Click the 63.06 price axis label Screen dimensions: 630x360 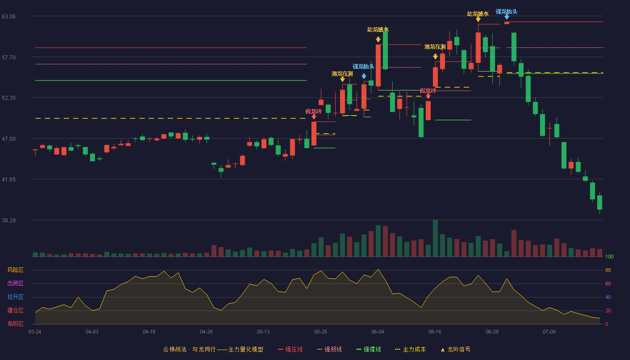tap(9, 16)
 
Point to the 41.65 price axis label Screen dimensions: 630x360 tap(9, 179)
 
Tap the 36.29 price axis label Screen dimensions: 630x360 tap(9, 220)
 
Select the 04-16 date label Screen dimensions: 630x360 tap(149, 332)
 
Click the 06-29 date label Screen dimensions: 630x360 tap(492, 332)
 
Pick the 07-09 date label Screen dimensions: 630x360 tap(549, 332)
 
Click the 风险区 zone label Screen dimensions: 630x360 tap(15, 270)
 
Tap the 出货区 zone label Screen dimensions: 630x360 tap(15, 283)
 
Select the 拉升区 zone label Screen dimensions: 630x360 tap(15, 297)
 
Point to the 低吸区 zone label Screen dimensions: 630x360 tap(15, 324)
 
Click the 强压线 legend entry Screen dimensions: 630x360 tap(290, 349)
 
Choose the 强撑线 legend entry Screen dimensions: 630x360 tap(369, 349)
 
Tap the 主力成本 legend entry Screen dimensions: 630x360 tap(410, 349)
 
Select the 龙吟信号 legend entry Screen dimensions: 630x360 tap(455, 349)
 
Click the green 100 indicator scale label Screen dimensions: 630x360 tap(609, 256)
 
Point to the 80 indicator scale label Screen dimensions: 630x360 tap(608, 270)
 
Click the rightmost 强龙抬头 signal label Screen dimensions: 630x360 tap(506, 12)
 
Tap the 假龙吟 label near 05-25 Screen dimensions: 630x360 tap(313, 112)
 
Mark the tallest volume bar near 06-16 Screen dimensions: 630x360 tap(435, 238)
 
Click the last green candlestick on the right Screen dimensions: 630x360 tap(599, 202)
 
